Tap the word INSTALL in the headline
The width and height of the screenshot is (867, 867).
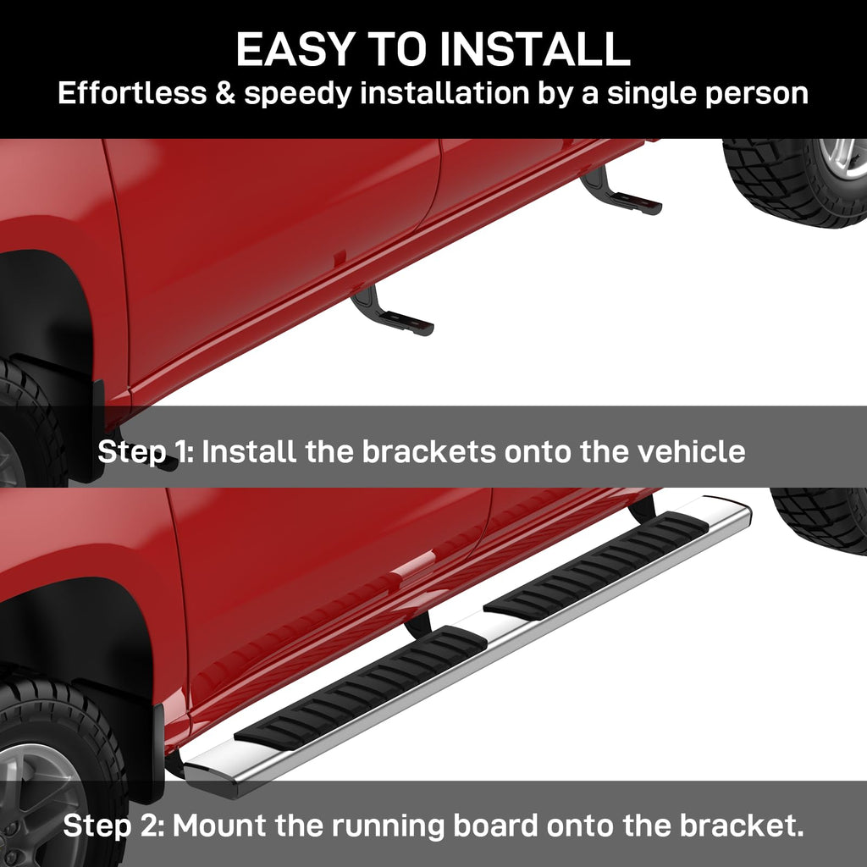[535, 49]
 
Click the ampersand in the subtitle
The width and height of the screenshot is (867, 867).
[225, 92]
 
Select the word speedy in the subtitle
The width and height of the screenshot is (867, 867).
[297, 94]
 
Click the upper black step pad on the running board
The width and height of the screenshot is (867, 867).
[596, 565]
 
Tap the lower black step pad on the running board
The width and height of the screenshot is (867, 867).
[361, 688]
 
